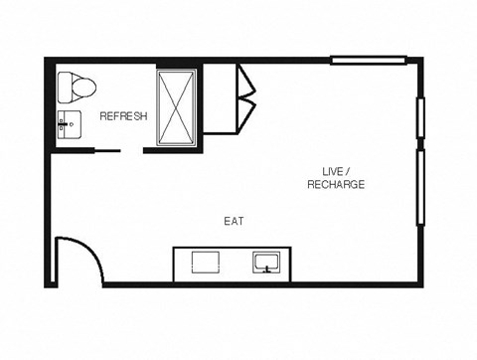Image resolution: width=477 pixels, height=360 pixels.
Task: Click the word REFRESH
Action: click(x=123, y=116)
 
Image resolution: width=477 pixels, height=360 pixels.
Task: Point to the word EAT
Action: click(x=235, y=221)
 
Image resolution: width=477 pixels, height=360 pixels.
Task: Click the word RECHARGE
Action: click(x=336, y=185)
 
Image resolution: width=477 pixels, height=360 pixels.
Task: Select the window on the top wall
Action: click(x=369, y=61)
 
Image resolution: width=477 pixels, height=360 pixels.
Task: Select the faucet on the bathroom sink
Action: click(x=63, y=125)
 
